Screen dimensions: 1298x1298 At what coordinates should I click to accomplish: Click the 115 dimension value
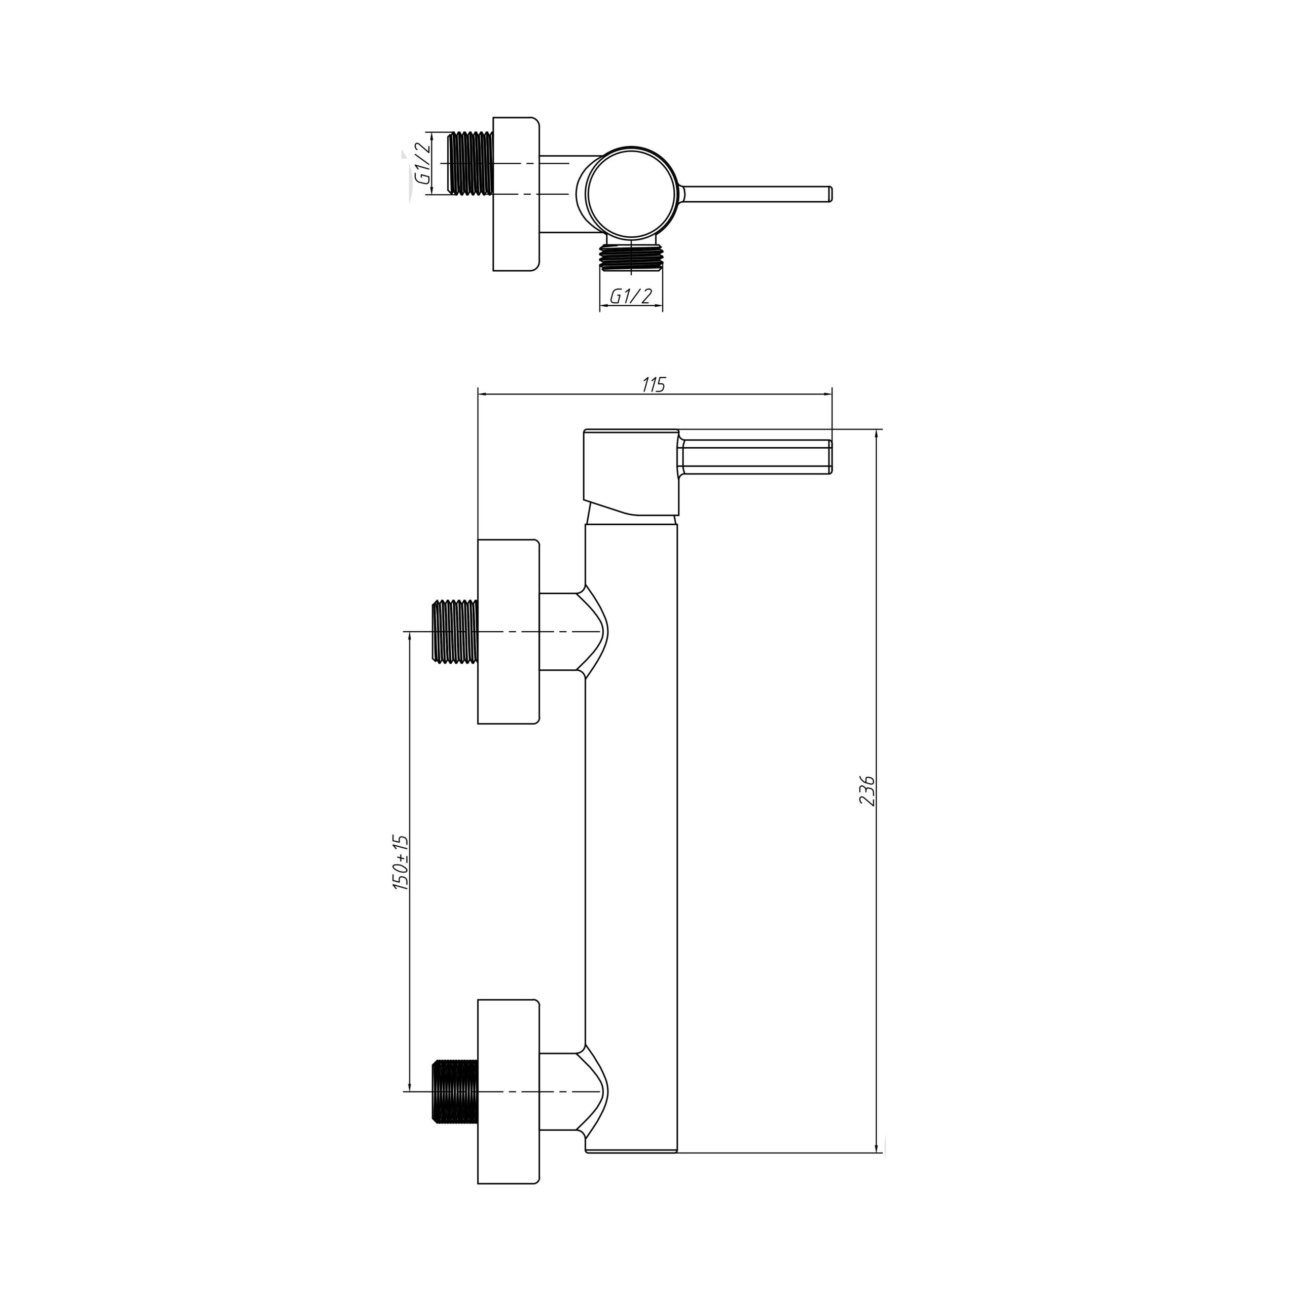653,385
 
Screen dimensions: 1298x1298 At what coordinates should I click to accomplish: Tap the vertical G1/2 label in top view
422,163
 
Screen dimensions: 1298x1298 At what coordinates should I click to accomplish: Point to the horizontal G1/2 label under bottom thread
631,296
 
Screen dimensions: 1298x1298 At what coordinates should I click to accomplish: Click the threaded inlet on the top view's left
471,163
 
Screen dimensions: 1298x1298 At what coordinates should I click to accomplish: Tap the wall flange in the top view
516,194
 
